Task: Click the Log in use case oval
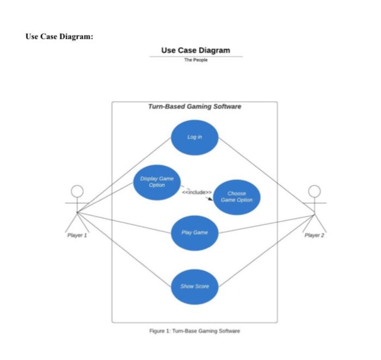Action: point(194,137)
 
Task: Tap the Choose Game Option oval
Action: point(236,196)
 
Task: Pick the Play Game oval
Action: point(194,232)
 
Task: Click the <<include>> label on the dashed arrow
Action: point(196,192)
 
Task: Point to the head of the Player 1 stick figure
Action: point(78,191)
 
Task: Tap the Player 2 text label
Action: point(315,235)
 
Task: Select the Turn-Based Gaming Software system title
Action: point(194,107)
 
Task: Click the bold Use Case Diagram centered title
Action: point(195,51)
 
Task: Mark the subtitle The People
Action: point(195,60)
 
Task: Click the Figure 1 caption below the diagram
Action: point(194,331)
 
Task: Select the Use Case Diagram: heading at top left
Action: point(59,36)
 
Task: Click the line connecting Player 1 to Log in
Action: point(124,175)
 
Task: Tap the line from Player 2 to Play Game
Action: point(267,224)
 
